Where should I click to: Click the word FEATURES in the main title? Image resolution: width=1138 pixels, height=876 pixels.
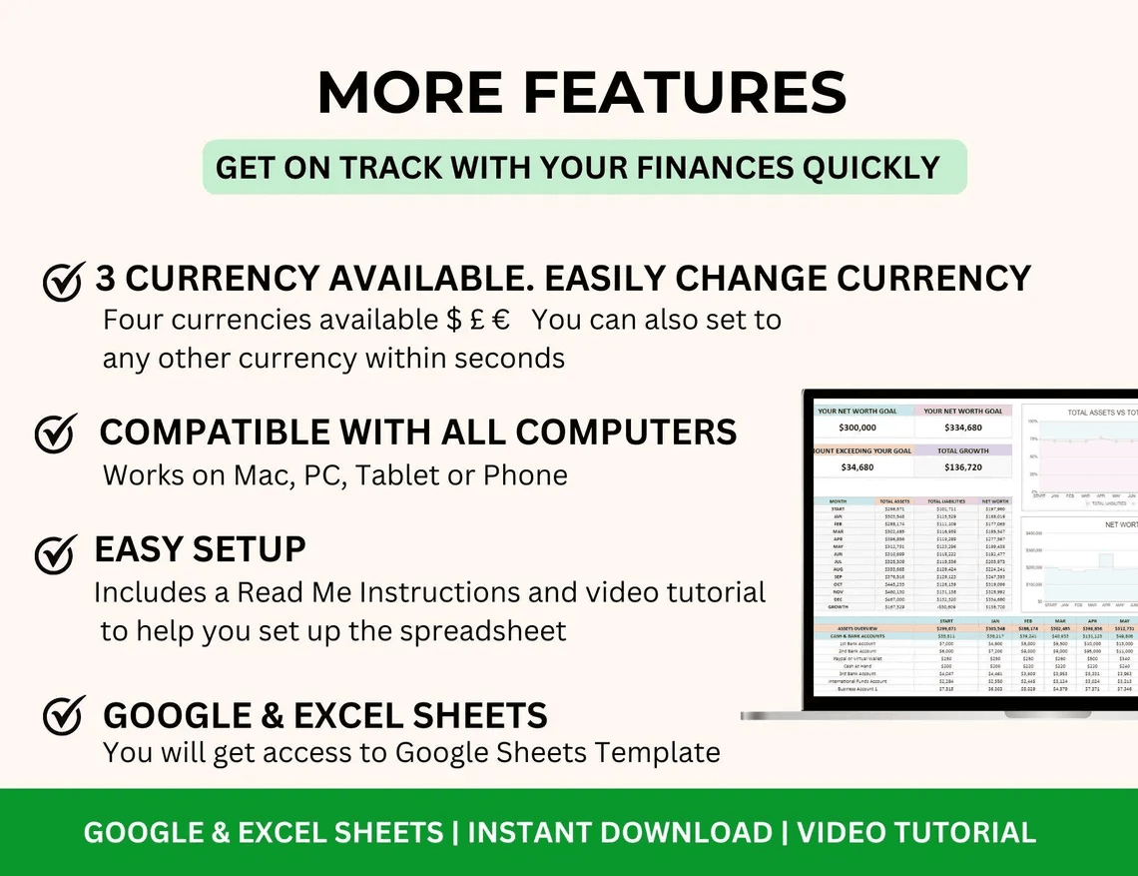point(685,94)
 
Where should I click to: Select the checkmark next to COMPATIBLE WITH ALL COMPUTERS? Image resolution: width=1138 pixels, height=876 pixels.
point(56,434)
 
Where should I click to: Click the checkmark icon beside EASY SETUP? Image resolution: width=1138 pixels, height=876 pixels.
point(56,553)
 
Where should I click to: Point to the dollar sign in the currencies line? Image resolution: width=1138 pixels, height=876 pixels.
point(455,321)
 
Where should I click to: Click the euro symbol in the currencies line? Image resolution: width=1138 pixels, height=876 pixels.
point(501,321)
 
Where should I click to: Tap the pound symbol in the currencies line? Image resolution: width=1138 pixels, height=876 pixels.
point(478,321)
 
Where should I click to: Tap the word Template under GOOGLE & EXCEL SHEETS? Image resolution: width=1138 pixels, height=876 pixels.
point(656,752)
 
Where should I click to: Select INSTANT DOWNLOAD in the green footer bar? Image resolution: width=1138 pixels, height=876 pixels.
point(620,832)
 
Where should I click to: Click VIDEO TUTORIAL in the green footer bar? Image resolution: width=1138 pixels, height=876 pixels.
point(916,832)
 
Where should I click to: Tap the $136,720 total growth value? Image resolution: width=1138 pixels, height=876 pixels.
point(962,466)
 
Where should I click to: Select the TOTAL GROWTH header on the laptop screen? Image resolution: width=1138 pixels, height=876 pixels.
point(962,450)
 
